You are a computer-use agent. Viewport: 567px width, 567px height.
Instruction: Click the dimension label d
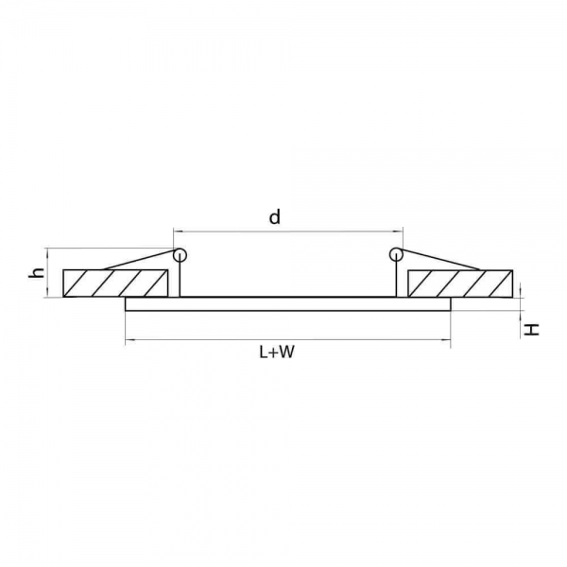[275, 217]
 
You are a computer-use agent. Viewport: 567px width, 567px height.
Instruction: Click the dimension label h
[37, 273]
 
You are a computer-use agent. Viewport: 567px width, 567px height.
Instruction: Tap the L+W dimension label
[277, 352]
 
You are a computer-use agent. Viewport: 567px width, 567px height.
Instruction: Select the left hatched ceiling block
[115, 283]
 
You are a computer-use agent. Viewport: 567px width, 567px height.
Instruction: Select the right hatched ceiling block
[460, 283]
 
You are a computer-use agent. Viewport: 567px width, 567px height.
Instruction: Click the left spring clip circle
[180, 255]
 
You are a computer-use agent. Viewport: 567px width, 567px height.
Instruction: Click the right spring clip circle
[396, 254]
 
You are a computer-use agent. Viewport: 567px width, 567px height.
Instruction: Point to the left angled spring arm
[139, 260]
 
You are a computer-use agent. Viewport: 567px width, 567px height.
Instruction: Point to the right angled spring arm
[440, 259]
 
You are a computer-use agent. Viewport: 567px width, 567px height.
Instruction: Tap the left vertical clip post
[180, 276]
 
